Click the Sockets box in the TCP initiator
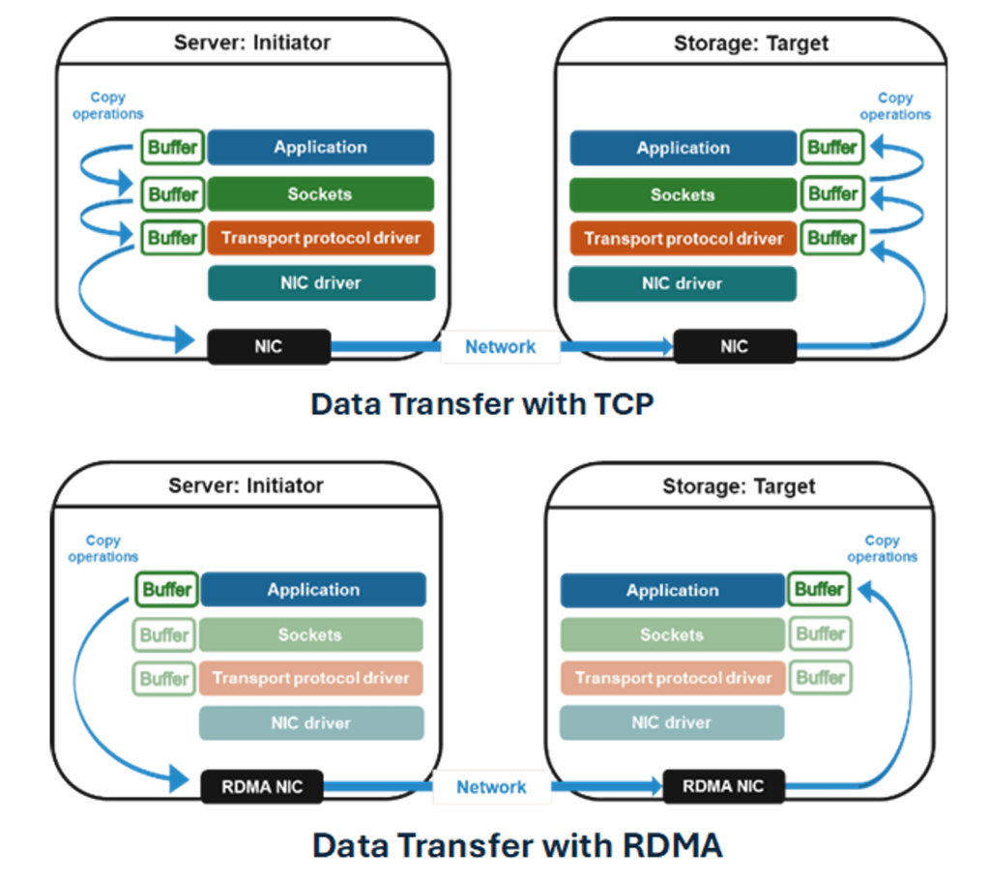click(x=320, y=194)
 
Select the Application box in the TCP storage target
click(x=683, y=148)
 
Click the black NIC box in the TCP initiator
click(x=269, y=346)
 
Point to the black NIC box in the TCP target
click(x=735, y=346)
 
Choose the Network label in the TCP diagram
click(x=500, y=347)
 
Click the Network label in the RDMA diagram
click(x=491, y=787)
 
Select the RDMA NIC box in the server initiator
click(x=262, y=787)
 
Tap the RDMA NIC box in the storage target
click(x=723, y=786)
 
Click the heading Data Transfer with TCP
click(x=481, y=403)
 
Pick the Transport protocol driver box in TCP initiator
click(x=321, y=238)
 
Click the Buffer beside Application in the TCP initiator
click(x=173, y=148)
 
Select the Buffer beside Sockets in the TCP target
click(x=832, y=193)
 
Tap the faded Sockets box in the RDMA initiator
click(x=310, y=635)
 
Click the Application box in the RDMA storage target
click(x=672, y=590)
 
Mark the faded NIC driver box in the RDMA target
click(x=671, y=722)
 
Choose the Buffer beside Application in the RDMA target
click(x=820, y=589)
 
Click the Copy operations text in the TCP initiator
click(x=107, y=105)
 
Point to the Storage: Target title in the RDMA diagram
click(x=739, y=485)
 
